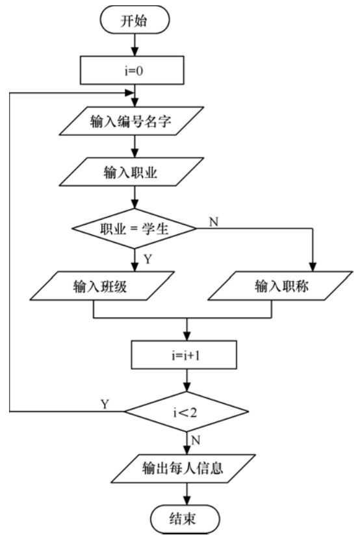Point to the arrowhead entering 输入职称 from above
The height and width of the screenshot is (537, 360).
[x=315, y=266]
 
